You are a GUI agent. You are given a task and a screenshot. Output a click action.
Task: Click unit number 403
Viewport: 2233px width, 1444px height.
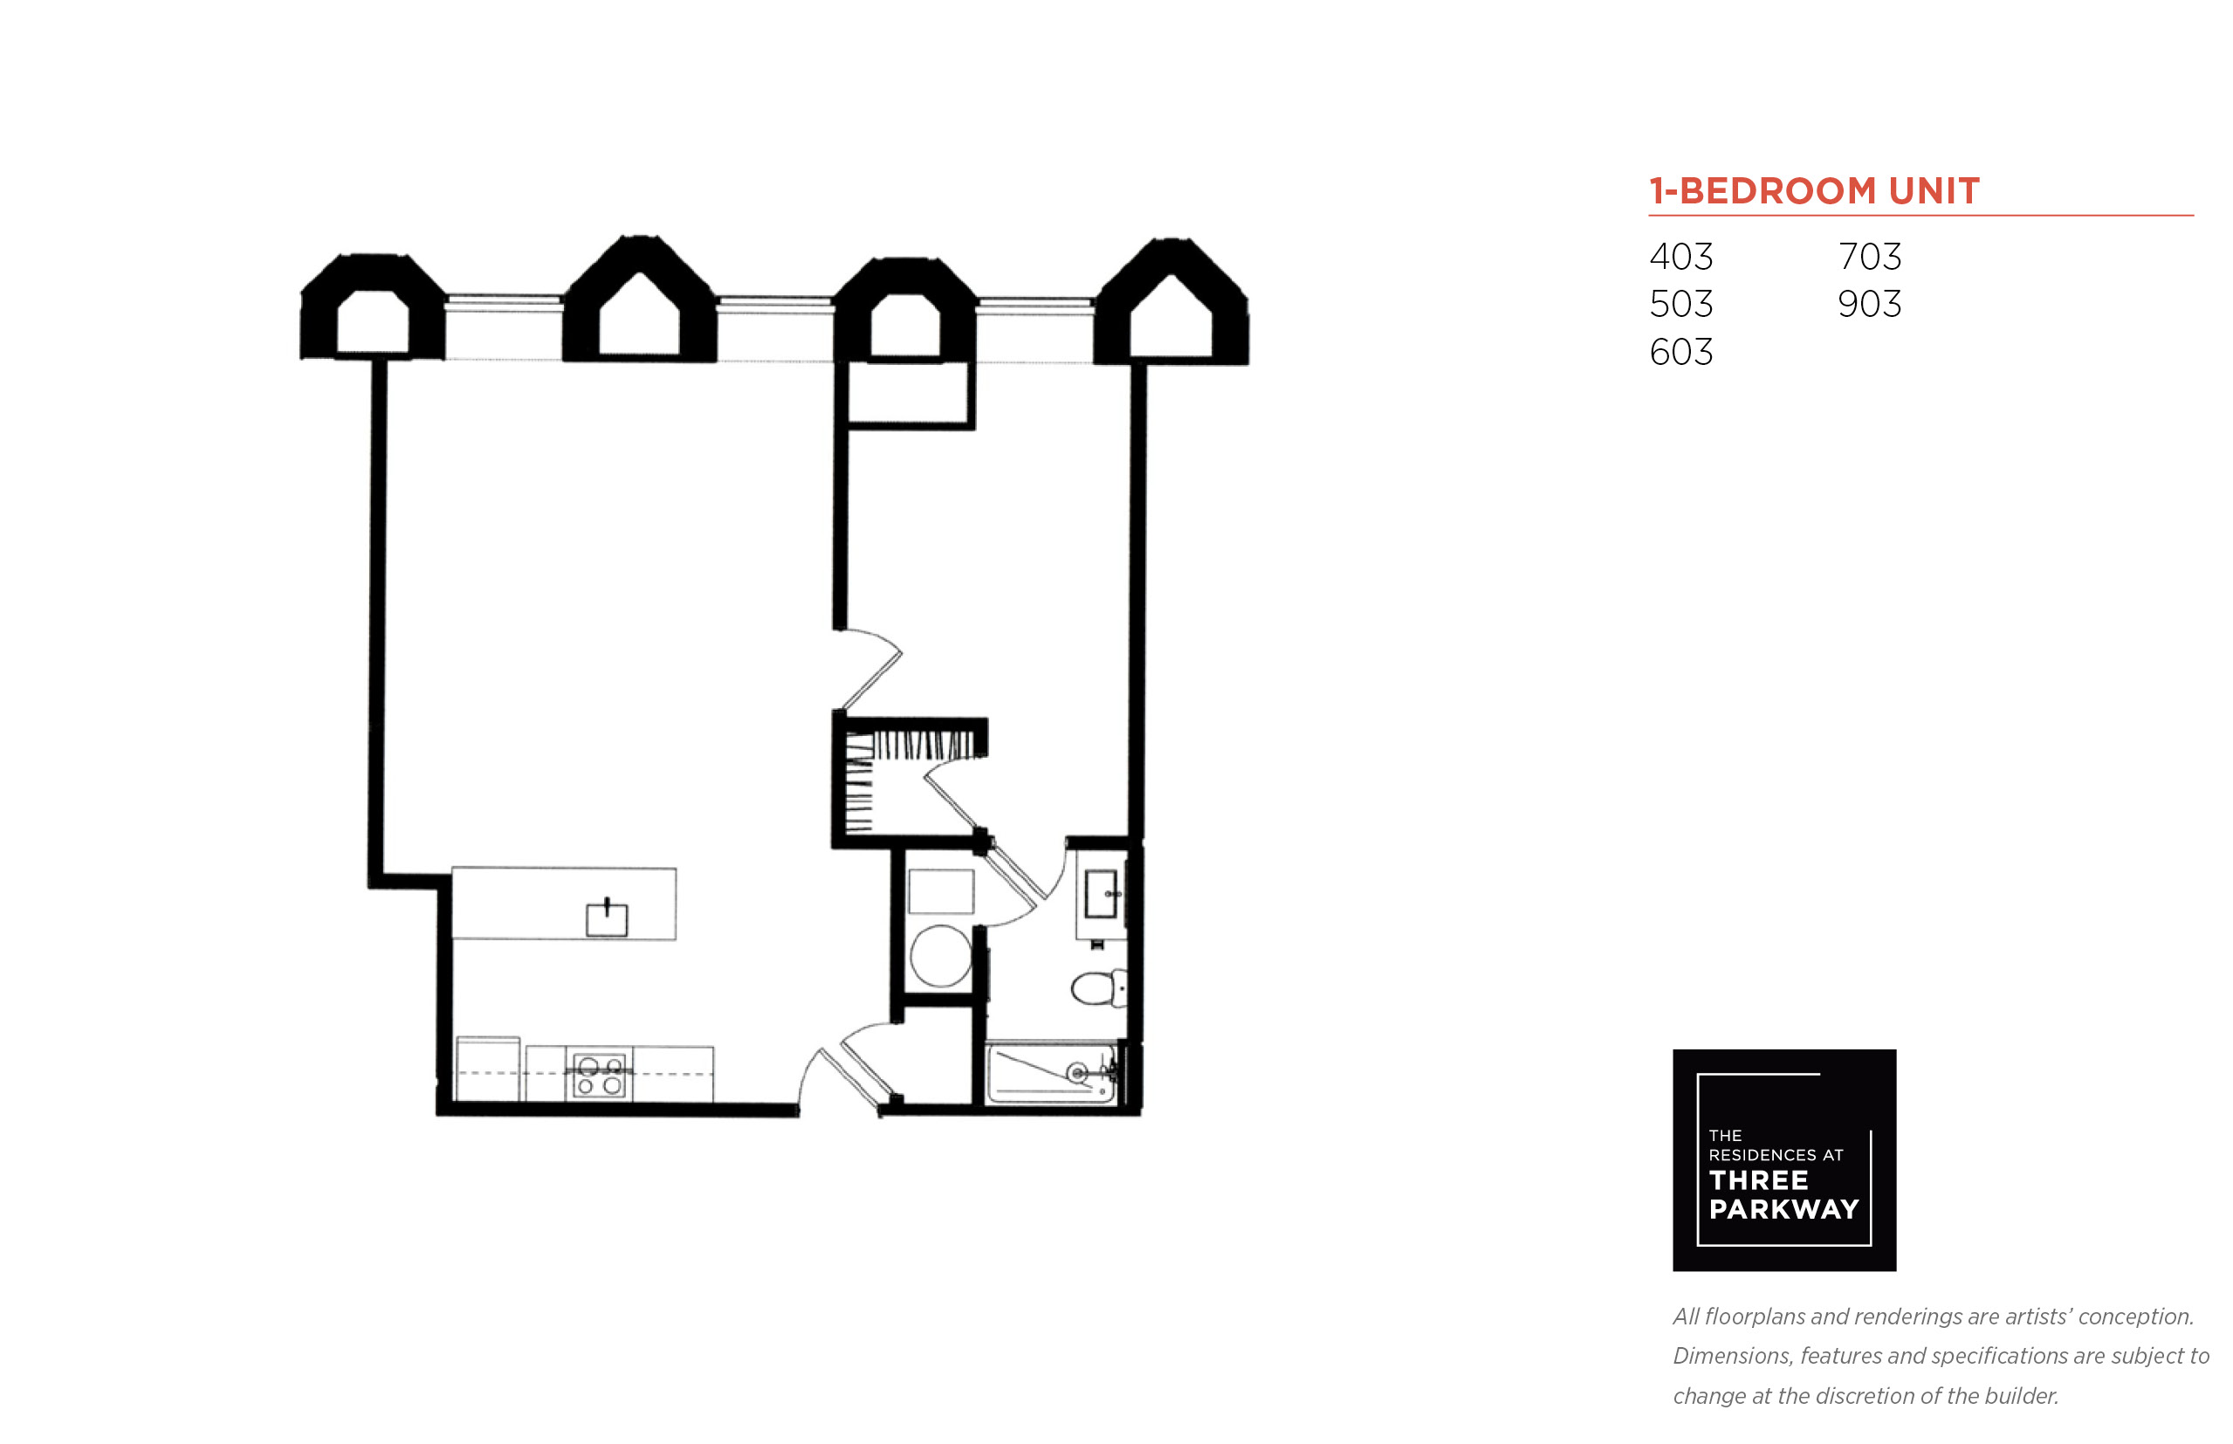[x=1680, y=256]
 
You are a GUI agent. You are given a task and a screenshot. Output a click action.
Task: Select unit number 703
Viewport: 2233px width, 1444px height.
[x=1869, y=256]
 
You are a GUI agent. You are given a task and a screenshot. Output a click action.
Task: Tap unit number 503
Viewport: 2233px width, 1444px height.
[x=1680, y=304]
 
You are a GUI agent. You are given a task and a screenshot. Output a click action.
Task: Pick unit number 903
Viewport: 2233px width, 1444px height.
[x=1869, y=304]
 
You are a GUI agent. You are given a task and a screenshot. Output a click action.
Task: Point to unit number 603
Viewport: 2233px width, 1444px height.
[x=1680, y=352]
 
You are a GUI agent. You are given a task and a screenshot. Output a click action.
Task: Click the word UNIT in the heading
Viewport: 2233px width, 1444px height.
[x=1934, y=191]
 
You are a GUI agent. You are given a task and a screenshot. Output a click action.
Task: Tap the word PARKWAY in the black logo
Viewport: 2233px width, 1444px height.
[x=1784, y=1209]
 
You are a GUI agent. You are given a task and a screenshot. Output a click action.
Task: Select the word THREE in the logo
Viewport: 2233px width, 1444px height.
[x=1759, y=1180]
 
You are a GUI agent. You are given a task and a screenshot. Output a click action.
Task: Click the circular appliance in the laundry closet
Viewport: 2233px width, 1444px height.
[x=940, y=955]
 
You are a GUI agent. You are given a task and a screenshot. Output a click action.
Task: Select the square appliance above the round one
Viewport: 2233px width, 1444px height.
[x=940, y=890]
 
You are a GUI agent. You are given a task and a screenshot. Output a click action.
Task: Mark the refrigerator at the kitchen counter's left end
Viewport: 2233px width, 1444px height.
[x=487, y=1069]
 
